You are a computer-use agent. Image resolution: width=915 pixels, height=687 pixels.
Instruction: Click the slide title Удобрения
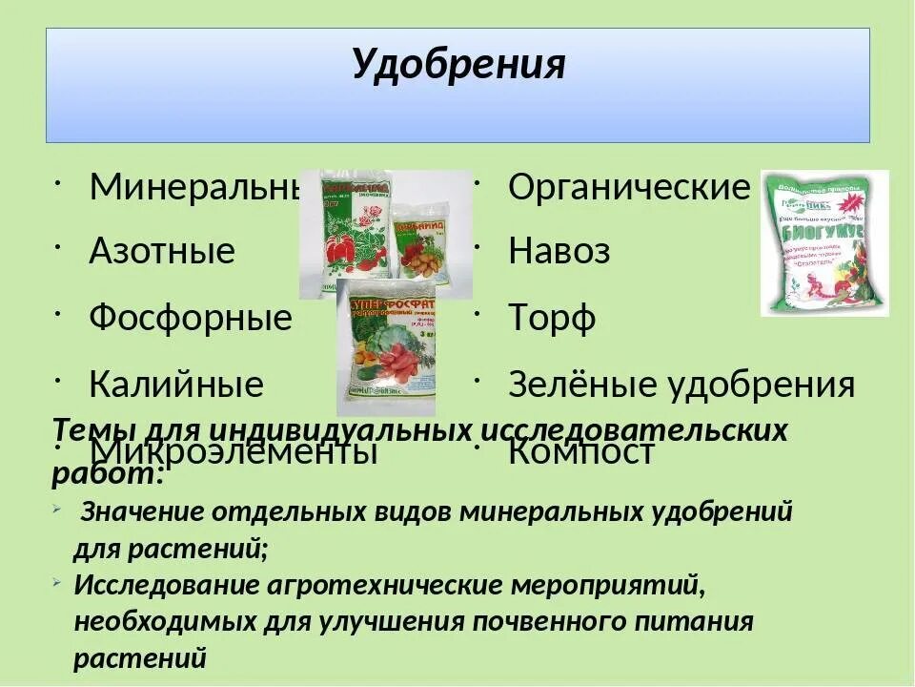tap(458, 65)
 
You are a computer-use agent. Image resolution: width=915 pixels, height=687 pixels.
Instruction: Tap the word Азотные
tap(162, 252)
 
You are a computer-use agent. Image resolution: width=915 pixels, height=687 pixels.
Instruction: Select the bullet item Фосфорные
tap(191, 318)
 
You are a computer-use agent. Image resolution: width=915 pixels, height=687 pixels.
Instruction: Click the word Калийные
tap(176, 385)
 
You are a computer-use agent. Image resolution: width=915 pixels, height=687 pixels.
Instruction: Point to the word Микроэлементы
tap(234, 451)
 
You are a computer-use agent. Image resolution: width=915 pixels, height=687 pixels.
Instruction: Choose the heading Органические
tap(629, 188)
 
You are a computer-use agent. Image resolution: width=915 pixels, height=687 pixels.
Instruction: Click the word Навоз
tap(559, 252)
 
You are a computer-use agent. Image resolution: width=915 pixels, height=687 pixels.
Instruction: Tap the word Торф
tap(552, 318)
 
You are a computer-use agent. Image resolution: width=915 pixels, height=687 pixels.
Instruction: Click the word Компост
tap(581, 451)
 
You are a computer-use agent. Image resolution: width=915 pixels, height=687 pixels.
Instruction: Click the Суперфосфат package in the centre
tap(386, 347)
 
